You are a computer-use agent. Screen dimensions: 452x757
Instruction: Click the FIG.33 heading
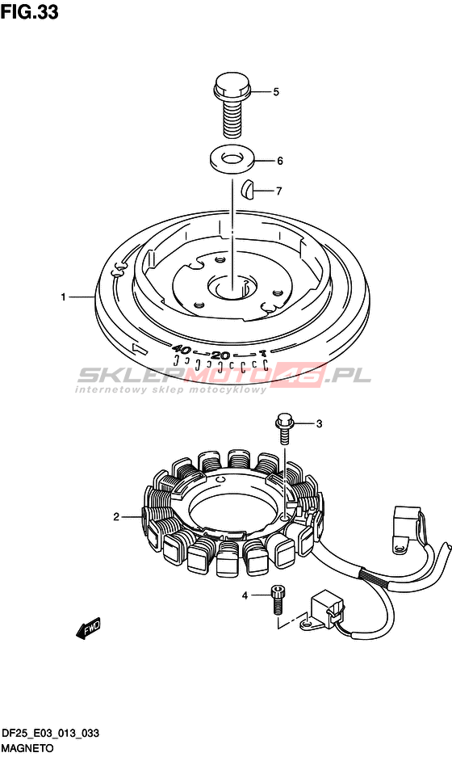pyautogui.click(x=29, y=12)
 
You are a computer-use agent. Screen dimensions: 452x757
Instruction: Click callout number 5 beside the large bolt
pyautogui.click(x=276, y=92)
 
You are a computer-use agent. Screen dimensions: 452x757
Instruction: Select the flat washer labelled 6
pyautogui.click(x=232, y=159)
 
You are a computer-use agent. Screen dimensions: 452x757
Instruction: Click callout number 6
pyautogui.click(x=280, y=161)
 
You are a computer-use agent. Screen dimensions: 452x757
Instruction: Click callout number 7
pyautogui.click(x=278, y=191)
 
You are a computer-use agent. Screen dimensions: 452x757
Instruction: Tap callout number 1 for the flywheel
pyautogui.click(x=63, y=297)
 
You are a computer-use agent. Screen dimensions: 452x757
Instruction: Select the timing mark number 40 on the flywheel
pyautogui.click(x=182, y=349)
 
